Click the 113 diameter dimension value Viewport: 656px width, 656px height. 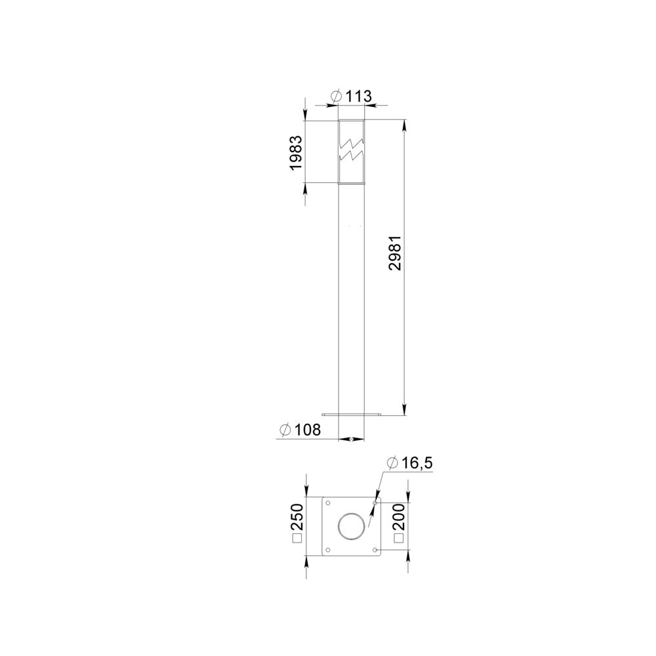click(x=359, y=96)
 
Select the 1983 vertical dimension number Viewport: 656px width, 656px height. click(x=297, y=153)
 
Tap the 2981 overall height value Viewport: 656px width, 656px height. click(x=395, y=253)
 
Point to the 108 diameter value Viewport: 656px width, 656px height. click(x=308, y=430)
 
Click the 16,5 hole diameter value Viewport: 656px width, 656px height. click(x=417, y=463)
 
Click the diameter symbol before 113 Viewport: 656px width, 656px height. click(x=336, y=96)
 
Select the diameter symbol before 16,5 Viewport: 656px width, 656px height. click(x=392, y=463)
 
